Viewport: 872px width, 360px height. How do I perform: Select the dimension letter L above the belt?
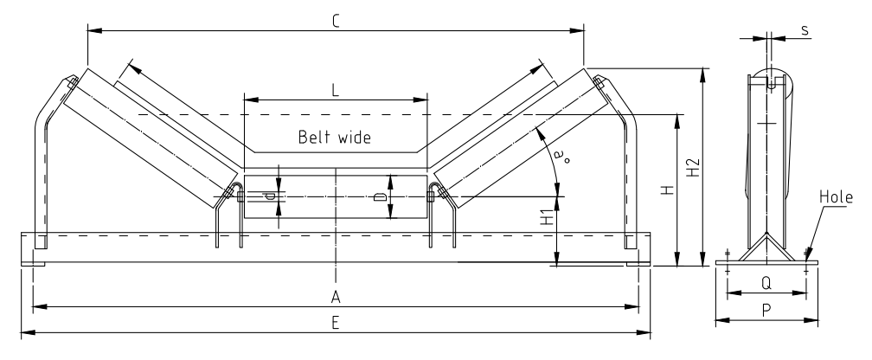tap(337, 88)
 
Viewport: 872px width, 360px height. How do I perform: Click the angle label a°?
tap(562, 157)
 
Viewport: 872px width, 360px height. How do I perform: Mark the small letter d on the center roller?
tap(271, 196)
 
